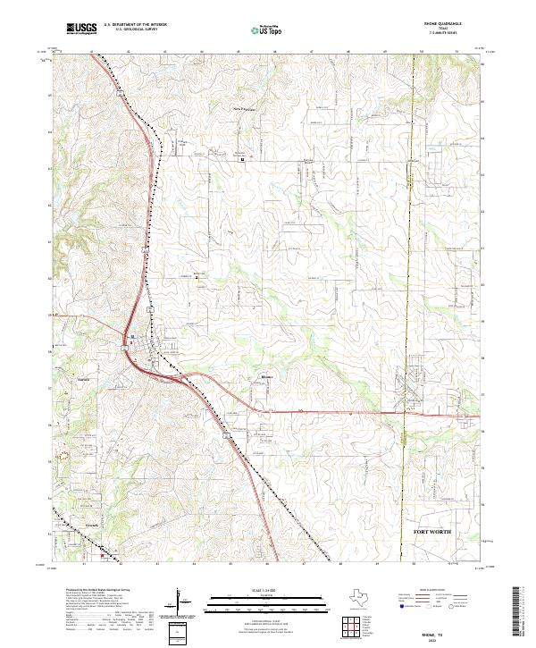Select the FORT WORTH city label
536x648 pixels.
point(432,533)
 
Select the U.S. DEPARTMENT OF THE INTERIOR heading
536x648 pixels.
point(135,26)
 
